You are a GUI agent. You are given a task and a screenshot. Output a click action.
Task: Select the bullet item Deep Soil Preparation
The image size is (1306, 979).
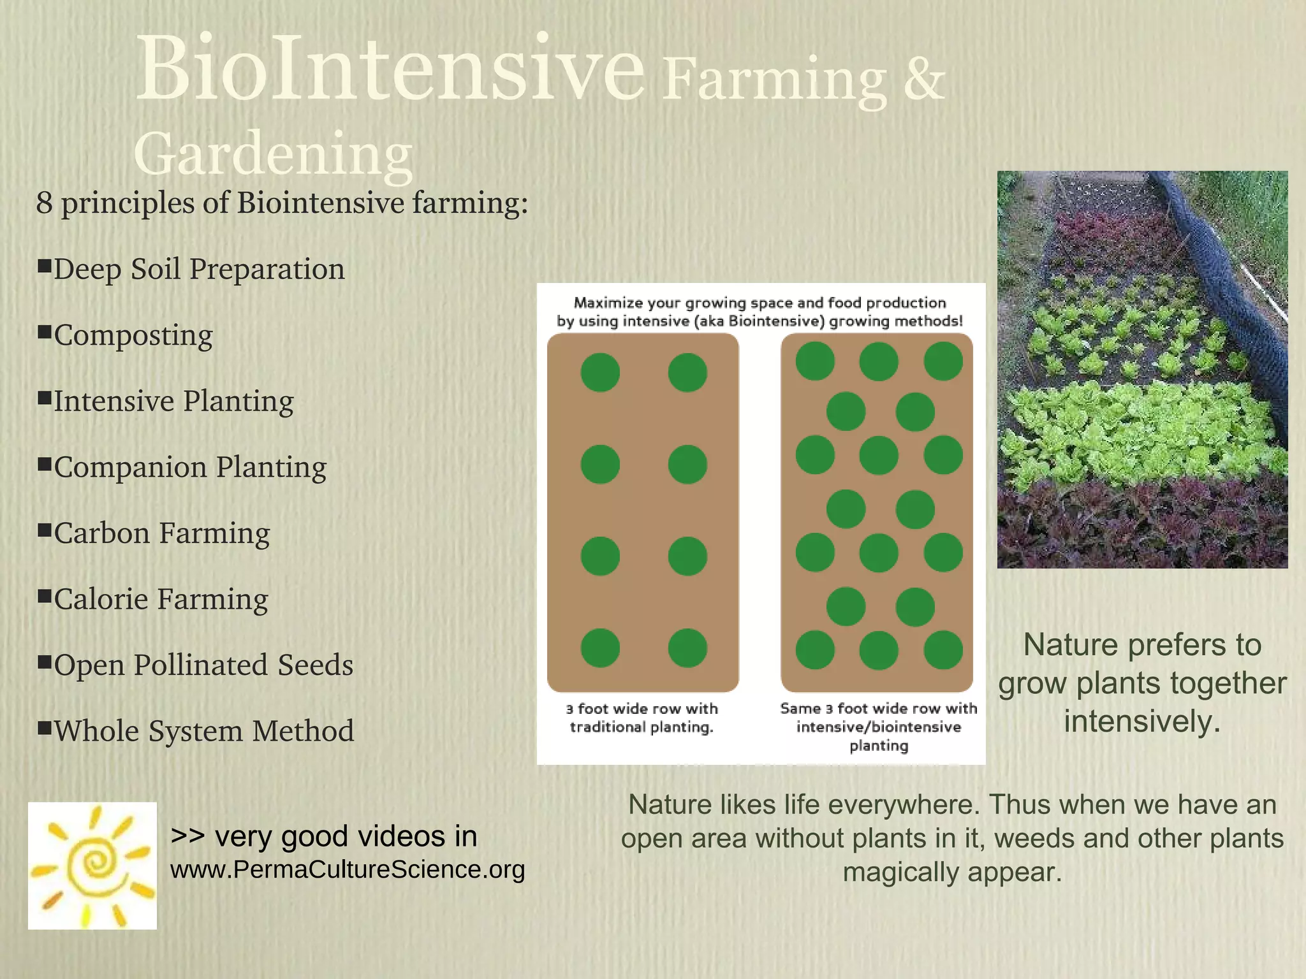(x=198, y=270)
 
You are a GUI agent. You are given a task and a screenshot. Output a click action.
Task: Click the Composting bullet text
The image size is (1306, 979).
(x=133, y=336)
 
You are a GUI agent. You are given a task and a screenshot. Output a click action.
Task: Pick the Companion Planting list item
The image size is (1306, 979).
(x=189, y=467)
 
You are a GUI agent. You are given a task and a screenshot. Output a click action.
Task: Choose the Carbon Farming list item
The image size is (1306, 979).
(x=161, y=533)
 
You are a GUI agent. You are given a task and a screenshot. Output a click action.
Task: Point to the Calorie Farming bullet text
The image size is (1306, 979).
(x=161, y=600)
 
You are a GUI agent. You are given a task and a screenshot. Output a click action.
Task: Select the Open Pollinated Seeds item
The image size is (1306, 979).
(x=203, y=665)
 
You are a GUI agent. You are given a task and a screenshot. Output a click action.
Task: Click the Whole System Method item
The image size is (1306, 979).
(x=203, y=731)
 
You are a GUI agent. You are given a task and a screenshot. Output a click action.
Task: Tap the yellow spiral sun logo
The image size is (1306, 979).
(x=92, y=866)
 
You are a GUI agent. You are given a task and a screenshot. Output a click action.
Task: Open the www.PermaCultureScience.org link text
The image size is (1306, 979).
(x=348, y=870)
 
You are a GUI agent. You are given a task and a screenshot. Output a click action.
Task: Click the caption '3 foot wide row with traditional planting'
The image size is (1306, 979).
(x=642, y=718)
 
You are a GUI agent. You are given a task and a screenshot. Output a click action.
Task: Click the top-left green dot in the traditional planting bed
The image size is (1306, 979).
(x=600, y=372)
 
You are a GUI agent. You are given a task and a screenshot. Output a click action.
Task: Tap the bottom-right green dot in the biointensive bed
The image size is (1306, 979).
(x=943, y=650)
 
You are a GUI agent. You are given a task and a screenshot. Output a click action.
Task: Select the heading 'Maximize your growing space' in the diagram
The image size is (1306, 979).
(x=759, y=303)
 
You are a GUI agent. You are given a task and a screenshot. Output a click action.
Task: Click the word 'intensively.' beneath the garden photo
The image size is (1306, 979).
(x=1142, y=722)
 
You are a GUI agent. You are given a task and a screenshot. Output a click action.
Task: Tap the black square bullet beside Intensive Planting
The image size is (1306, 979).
(x=44, y=398)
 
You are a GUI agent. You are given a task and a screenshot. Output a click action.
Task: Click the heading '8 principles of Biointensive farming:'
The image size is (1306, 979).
(x=282, y=203)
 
